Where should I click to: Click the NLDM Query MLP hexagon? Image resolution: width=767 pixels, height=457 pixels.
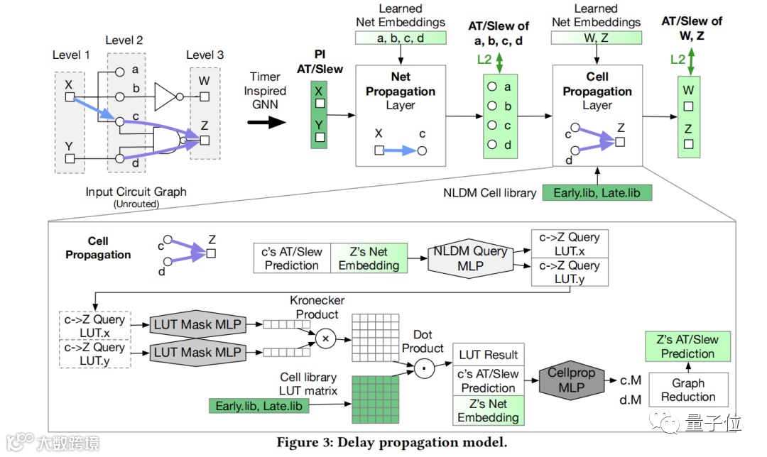coord(470,258)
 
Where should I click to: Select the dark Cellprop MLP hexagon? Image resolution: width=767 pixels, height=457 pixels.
coord(571,381)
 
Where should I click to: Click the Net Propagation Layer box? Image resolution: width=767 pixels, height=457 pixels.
coord(401,116)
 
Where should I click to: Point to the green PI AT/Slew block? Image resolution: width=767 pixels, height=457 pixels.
coord(320,114)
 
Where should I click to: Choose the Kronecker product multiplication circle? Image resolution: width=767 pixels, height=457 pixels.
coord(326,339)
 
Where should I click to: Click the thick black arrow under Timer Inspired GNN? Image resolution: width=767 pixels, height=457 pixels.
coord(267,121)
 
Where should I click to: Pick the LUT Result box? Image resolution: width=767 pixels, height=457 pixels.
coord(489,355)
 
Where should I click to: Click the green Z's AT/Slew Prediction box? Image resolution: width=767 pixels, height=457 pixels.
coord(687,346)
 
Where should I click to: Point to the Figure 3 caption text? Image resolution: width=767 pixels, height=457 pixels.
coord(392,443)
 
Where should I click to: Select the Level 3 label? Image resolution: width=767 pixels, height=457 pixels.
coord(205,55)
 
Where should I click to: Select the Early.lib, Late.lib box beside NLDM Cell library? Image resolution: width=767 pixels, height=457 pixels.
coord(597,192)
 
